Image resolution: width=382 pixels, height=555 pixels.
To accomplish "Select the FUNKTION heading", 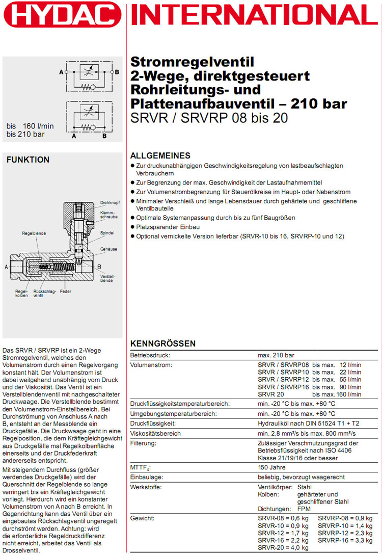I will point(28,160).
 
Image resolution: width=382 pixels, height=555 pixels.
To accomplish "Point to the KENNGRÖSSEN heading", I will point(163,343).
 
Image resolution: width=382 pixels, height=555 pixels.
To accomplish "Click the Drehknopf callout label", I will point(110,202).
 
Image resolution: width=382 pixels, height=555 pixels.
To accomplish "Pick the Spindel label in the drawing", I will point(107,233).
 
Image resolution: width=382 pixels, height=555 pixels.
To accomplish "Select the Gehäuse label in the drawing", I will point(108,249).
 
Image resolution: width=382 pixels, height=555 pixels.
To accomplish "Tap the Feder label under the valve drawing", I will point(65,292).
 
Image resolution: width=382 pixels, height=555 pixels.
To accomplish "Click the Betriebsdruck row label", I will point(150,355).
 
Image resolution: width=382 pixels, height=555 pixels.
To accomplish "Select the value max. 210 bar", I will point(276,355).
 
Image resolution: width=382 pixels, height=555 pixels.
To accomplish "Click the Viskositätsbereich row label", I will point(156,434).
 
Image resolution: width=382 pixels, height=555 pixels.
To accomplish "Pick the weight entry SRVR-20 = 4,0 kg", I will point(283,547).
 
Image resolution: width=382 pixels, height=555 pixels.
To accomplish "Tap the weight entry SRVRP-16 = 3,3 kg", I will point(345,540).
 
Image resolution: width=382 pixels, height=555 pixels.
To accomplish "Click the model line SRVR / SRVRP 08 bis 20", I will point(209,118).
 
